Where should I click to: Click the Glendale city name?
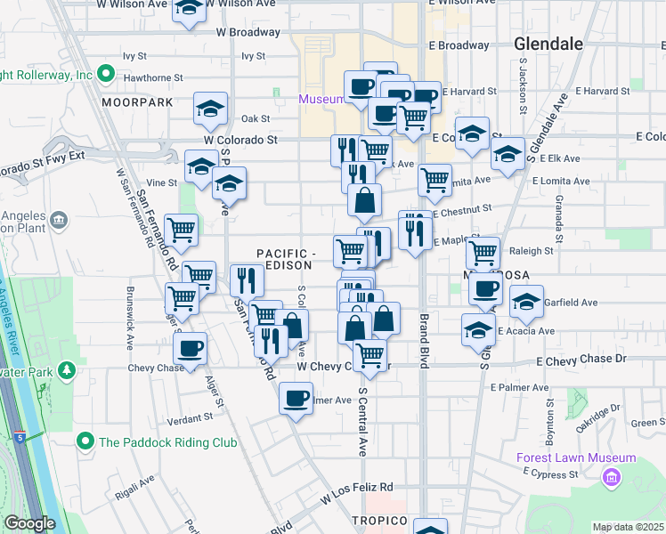[548, 43]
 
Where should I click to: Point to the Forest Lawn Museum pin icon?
[611, 479]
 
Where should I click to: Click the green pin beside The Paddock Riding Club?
[85, 441]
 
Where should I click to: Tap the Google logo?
[29, 523]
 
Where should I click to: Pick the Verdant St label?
[190, 416]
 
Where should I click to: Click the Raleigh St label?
[532, 251]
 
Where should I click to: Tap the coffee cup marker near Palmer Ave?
[296, 399]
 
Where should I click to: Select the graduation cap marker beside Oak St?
[211, 109]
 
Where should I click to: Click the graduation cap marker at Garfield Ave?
[526, 302]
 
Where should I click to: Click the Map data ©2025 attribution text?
[629, 527]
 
